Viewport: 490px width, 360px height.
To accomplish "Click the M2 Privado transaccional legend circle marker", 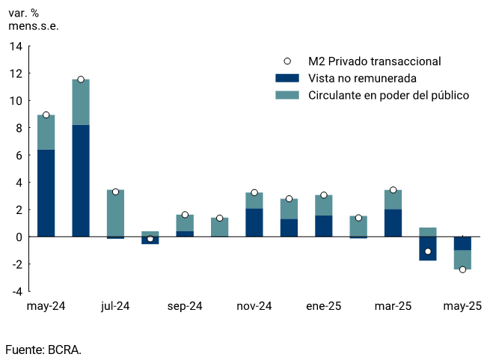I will click(287, 61).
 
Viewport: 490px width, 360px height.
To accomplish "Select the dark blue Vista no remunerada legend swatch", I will click(287, 79).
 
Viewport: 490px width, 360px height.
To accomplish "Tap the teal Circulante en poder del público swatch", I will click(287, 95).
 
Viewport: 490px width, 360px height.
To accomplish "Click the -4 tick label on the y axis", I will click(16, 292).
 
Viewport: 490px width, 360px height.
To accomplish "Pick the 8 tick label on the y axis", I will click(19, 128).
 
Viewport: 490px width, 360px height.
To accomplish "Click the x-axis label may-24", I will click(46, 306).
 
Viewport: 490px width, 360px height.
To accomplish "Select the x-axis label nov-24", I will click(254, 306).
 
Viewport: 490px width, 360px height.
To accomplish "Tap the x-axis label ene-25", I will click(324, 306).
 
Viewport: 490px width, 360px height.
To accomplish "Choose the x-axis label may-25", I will click(462, 306).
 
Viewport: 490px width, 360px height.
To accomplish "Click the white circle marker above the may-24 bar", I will click(46, 115).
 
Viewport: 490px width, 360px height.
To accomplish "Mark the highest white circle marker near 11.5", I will click(81, 79).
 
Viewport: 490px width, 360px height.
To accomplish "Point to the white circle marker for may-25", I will click(462, 269).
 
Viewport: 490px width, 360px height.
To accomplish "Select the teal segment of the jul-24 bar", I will click(115, 213).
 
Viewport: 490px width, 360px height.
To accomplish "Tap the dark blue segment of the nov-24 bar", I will click(254, 222).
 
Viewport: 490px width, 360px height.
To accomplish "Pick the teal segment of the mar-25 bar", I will click(393, 200).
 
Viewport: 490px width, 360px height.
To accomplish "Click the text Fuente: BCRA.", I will click(43, 350).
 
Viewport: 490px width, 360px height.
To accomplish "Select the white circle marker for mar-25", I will click(393, 190).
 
